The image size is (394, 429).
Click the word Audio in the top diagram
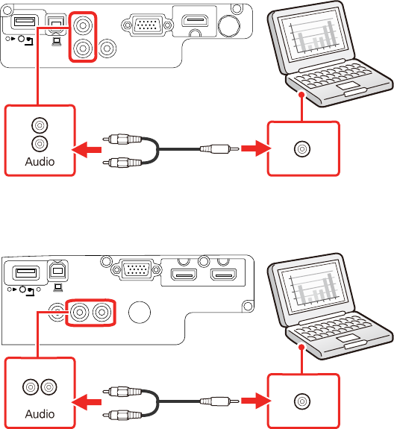point(40,161)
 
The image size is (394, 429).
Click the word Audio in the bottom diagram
point(40,413)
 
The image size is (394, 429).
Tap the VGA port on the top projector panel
point(147,25)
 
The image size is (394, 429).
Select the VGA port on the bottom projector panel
point(137,269)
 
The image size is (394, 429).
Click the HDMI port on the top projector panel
point(195,21)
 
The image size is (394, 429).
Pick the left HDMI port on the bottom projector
point(184,275)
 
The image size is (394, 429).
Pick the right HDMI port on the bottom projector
point(223,275)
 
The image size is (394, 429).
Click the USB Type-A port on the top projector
point(25,21)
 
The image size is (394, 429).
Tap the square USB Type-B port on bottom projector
point(57,270)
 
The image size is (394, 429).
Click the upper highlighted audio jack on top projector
point(83,25)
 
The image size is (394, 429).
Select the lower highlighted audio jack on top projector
point(83,48)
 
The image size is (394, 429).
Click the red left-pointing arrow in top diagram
point(87,150)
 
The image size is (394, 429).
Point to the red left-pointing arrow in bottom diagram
point(87,402)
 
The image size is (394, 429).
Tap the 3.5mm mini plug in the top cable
point(219,148)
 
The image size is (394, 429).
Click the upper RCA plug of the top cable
point(122,139)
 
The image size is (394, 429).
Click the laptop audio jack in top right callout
point(302,148)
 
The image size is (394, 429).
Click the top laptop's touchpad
point(348,86)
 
